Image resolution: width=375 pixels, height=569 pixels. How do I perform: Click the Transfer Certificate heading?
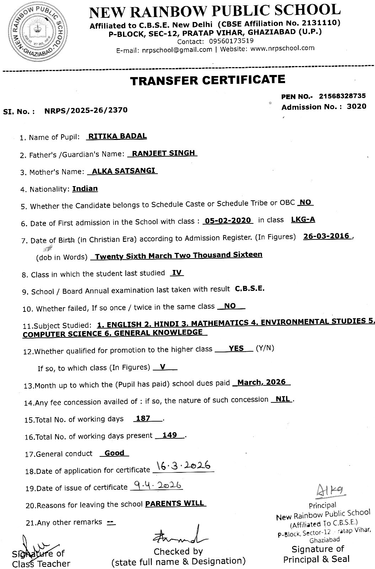(x=208, y=80)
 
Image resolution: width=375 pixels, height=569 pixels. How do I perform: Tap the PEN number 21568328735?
(x=342, y=96)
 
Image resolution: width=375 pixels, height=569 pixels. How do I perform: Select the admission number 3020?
(x=356, y=107)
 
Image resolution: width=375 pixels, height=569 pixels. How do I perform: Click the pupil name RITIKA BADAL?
(x=117, y=136)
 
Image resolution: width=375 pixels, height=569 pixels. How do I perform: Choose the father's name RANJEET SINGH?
(x=163, y=153)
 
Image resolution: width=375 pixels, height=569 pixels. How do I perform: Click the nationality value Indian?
(x=85, y=189)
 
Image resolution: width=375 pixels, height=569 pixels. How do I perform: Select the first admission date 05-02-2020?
(x=227, y=221)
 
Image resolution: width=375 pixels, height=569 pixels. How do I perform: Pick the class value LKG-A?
(x=303, y=220)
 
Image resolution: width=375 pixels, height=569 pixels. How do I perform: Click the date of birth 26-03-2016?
(x=326, y=236)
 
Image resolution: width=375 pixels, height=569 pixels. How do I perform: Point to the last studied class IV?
(x=177, y=273)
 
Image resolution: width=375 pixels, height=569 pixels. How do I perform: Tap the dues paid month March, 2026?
(x=261, y=382)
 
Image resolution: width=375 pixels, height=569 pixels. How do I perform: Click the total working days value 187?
(x=143, y=418)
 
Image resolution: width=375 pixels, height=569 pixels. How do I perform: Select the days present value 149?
(x=169, y=435)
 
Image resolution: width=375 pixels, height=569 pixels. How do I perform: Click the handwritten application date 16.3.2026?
(x=183, y=466)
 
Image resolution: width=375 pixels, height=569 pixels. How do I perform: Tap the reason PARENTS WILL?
(x=175, y=503)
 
